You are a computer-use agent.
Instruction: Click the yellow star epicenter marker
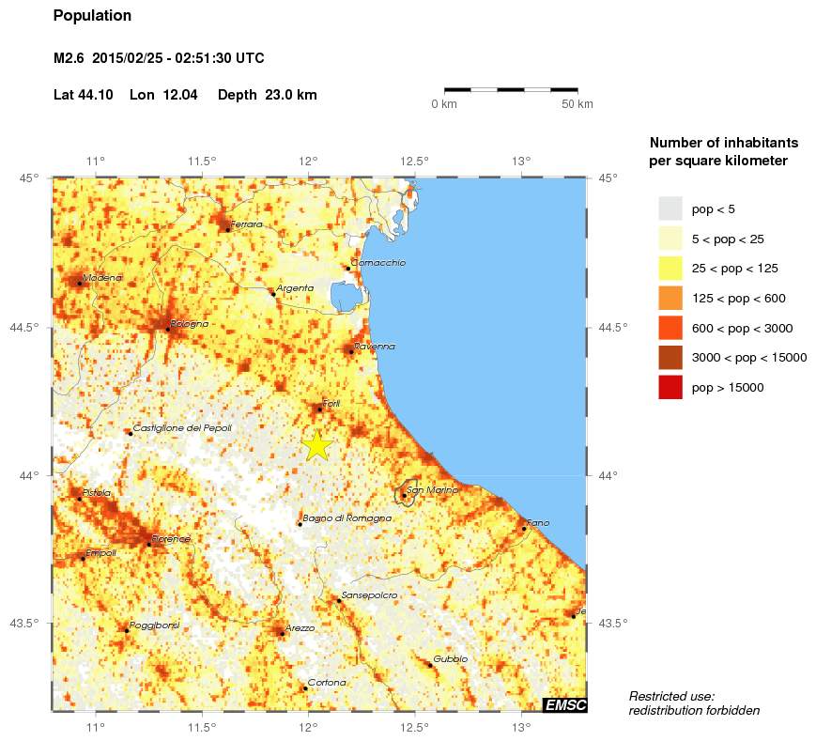coord(317,445)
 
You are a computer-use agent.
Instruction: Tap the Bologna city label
coord(190,324)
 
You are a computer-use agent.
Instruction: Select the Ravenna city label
coord(375,347)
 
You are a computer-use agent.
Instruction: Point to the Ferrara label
coord(246,224)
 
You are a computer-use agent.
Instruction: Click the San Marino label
coord(432,490)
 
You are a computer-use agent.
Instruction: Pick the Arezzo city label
coord(300,627)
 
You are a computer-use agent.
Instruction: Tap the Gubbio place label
coord(450,659)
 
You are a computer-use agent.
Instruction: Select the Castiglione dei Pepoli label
coord(182,428)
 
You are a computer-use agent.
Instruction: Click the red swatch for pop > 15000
coord(670,387)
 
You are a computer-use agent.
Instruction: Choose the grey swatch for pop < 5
coord(670,208)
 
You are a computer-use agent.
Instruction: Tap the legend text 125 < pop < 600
coord(738,299)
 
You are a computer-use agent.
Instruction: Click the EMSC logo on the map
coord(565,705)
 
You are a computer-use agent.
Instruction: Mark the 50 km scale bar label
coord(577,104)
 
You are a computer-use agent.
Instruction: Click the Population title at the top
coord(92,16)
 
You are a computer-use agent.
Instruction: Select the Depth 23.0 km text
coord(267,95)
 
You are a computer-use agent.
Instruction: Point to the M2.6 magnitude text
coord(70,58)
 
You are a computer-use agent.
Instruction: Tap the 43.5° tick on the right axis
coord(611,623)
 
